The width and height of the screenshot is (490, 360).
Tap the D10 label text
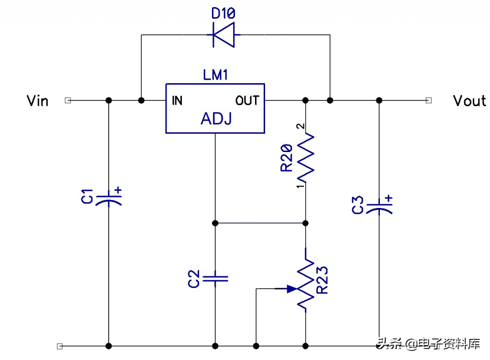(x=223, y=13)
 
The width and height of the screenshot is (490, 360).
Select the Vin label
(x=37, y=101)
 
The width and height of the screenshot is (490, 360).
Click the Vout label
(x=469, y=101)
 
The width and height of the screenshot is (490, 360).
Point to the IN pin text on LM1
(x=177, y=100)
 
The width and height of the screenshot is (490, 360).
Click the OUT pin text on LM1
(x=247, y=100)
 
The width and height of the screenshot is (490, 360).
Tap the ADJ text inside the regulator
(x=216, y=119)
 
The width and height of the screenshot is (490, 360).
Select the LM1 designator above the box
(x=215, y=75)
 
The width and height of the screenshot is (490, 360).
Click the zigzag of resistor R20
(x=305, y=158)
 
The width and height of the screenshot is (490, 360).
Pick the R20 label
(x=286, y=158)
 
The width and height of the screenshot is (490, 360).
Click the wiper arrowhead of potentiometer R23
(x=292, y=289)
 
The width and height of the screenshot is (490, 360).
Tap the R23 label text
(x=322, y=280)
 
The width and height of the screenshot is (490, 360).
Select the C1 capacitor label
(x=87, y=196)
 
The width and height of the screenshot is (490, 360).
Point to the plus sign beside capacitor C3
(x=389, y=198)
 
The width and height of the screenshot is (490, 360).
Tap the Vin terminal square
(x=68, y=100)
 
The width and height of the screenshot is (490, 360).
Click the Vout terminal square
(x=429, y=100)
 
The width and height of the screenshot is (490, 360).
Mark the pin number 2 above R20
(x=301, y=126)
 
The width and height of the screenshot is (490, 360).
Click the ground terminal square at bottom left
(x=60, y=346)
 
